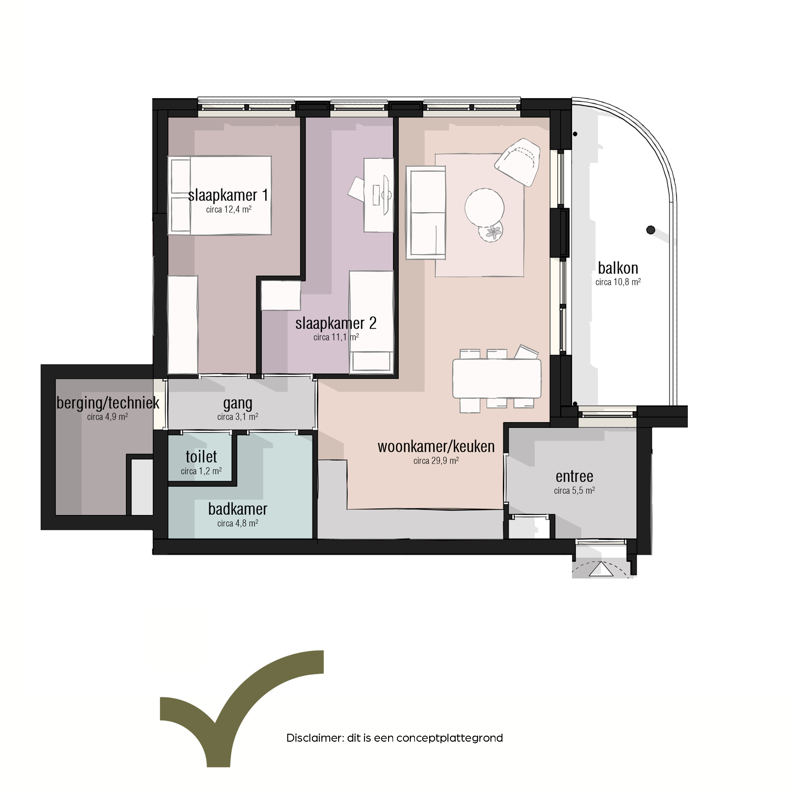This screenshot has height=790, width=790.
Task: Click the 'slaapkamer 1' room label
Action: pyautogui.click(x=228, y=196)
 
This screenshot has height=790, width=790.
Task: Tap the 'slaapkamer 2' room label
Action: pyautogui.click(x=336, y=324)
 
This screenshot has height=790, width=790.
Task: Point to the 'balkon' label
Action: pyautogui.click(x=618, y=268)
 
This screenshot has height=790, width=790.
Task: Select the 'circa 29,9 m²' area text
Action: pyautogui.click(x=436, y=461)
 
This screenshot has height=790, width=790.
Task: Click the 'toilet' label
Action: pyautogui.click(x=201, y=456)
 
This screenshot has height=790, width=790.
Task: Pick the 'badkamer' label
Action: pyautogui.click(x=238, y=509)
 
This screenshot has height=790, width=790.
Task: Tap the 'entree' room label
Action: pyautogui.click(x=574, y=477)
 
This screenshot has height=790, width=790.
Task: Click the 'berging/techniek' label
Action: pyautogui.click(x=108, y=403)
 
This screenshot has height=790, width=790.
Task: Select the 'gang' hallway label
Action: pyautogui.click(x=238, y=404)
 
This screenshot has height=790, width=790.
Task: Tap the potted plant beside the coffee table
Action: pyautogui.click(x=491, y=232)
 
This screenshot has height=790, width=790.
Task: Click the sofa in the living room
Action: pyautogui.click(x=426, y=213)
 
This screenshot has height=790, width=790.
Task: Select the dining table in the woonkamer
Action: pyautogui.click(x=497, y=378)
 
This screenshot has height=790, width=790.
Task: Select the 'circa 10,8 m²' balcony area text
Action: pyautogui.click(x=618, y=282)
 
